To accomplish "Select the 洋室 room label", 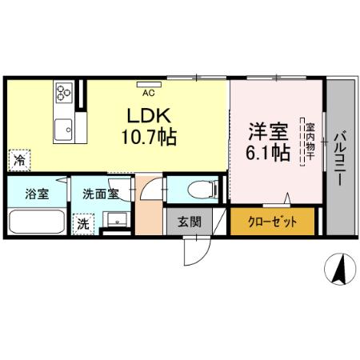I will click(x=263, y=128).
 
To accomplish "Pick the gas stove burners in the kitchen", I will click(x=62, y=93).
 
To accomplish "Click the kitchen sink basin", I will click(x=62, y=126).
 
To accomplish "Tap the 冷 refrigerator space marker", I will click(x=18, y=159).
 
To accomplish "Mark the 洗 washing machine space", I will click(x=83, y=225).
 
